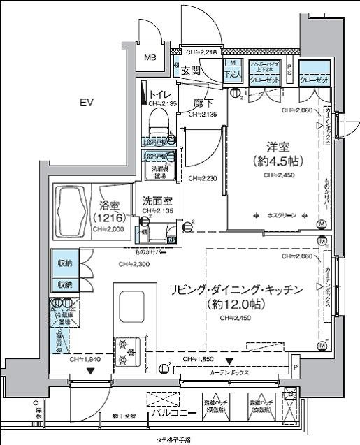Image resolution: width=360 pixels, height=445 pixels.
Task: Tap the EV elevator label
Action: [86, 103]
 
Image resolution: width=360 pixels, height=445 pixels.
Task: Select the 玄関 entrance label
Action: [191, 71]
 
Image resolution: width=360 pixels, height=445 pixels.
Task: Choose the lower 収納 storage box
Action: [65, 284]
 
